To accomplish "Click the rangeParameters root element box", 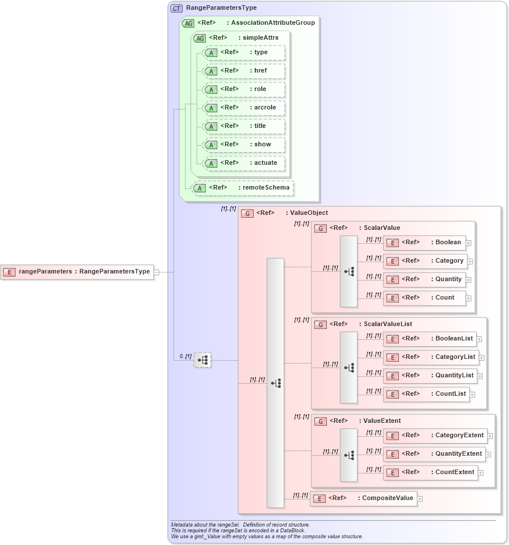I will point(77,272).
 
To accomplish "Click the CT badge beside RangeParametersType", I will point(177,8).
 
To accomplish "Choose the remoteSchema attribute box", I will point(243,188).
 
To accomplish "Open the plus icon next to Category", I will point(470,262).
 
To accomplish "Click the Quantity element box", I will point(425,279).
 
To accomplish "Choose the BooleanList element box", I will point(430,339).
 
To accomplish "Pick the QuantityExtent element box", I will point(434,454).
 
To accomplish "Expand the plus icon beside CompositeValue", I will point(420,499).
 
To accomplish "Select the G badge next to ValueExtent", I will point(320,421).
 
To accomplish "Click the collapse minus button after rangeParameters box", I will point(157,272).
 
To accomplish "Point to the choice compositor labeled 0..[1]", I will point(202,360).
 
